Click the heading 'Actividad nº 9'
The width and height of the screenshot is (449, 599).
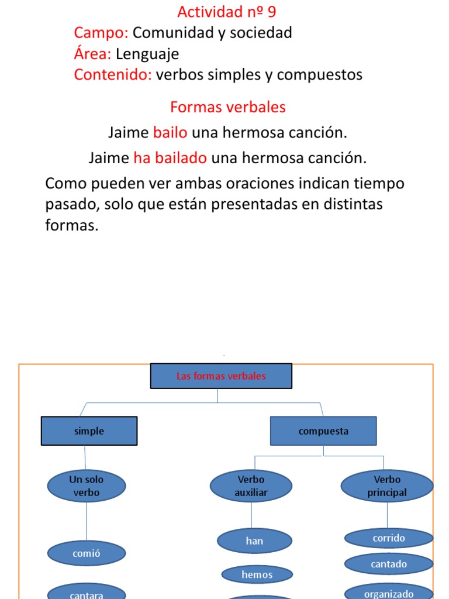point(226,12)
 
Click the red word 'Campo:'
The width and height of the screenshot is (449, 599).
point(101,33)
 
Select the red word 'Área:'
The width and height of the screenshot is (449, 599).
point(92,54)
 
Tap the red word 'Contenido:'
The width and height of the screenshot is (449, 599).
point(113,75)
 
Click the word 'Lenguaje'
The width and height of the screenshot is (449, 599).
point(147,54)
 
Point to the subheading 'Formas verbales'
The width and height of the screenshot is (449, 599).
point(228,108)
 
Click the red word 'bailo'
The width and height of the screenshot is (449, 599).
point(170,133)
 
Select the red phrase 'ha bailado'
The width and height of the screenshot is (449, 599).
point(170,158)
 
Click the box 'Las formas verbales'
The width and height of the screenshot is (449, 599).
point(221,376)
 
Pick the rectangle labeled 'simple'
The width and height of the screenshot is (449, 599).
point(89,431)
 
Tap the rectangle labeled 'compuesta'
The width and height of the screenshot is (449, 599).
point(323,431)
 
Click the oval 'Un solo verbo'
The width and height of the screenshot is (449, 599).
point(87,486)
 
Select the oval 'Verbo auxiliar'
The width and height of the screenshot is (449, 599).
point(251,486)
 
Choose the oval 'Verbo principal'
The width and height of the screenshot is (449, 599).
point(387,486)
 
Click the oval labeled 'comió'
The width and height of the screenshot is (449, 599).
point(87,553)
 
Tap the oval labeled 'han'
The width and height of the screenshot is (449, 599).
point(255,541)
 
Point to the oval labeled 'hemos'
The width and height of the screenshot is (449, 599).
point(257,575)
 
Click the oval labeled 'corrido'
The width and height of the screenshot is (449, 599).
point(389,538)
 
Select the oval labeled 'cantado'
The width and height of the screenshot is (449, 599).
point(389,564)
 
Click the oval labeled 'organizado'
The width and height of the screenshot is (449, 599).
point(389,592)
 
